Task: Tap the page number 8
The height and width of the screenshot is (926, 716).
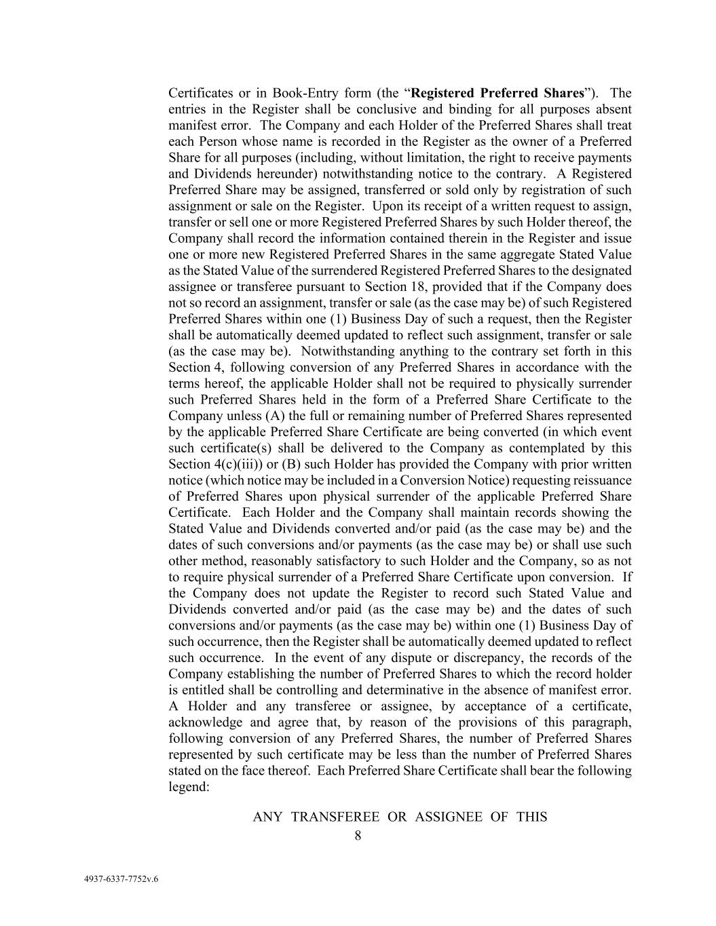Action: click(x=358, y=836)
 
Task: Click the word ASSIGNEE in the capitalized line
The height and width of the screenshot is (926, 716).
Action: click(x=448, y=817)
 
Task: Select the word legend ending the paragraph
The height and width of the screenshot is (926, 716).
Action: click(x=187, y=788)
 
